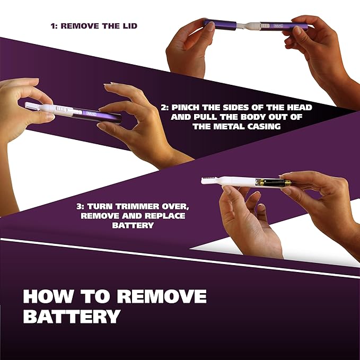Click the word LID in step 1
click(128, 25)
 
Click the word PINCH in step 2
click(188, 108)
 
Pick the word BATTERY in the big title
click(71, 317)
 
